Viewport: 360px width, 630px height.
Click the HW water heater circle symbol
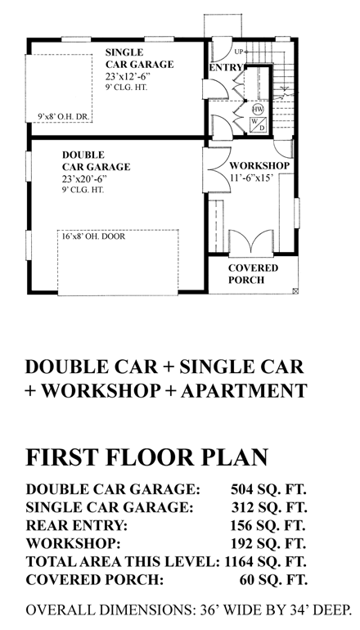tap(258, 109)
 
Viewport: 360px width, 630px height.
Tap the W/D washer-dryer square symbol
tap(258, 125)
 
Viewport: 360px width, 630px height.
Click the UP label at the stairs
tap(238, 52)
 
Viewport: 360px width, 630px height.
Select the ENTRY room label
tap(223, 68)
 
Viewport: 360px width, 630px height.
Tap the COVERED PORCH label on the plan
tap(253, 274)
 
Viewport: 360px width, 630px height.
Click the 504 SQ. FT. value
tap(268, 489)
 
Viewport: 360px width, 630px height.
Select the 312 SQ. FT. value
tap(268, 507)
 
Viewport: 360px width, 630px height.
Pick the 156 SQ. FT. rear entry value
tap(268, 525)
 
